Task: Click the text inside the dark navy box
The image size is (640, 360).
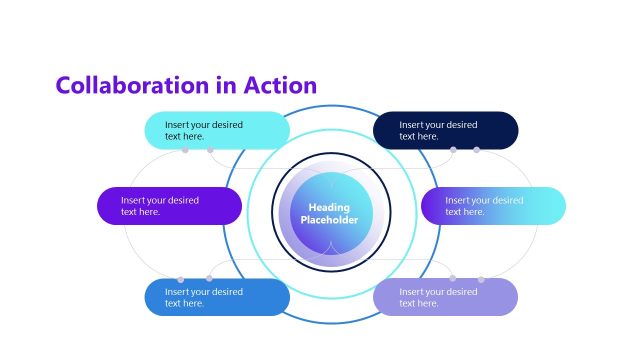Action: (438, 130)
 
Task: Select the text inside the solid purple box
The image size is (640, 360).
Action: (160, 205)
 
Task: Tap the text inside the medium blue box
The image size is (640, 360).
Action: (204, 297)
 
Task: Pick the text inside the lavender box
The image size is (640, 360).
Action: (438, 297)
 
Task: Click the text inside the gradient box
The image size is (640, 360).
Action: (484, 205)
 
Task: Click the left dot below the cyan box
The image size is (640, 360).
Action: (186, 150)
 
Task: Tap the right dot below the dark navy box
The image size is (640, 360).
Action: (476, 150)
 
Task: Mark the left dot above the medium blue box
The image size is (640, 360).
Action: (180, 279)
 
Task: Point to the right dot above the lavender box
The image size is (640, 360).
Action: (481, 279)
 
